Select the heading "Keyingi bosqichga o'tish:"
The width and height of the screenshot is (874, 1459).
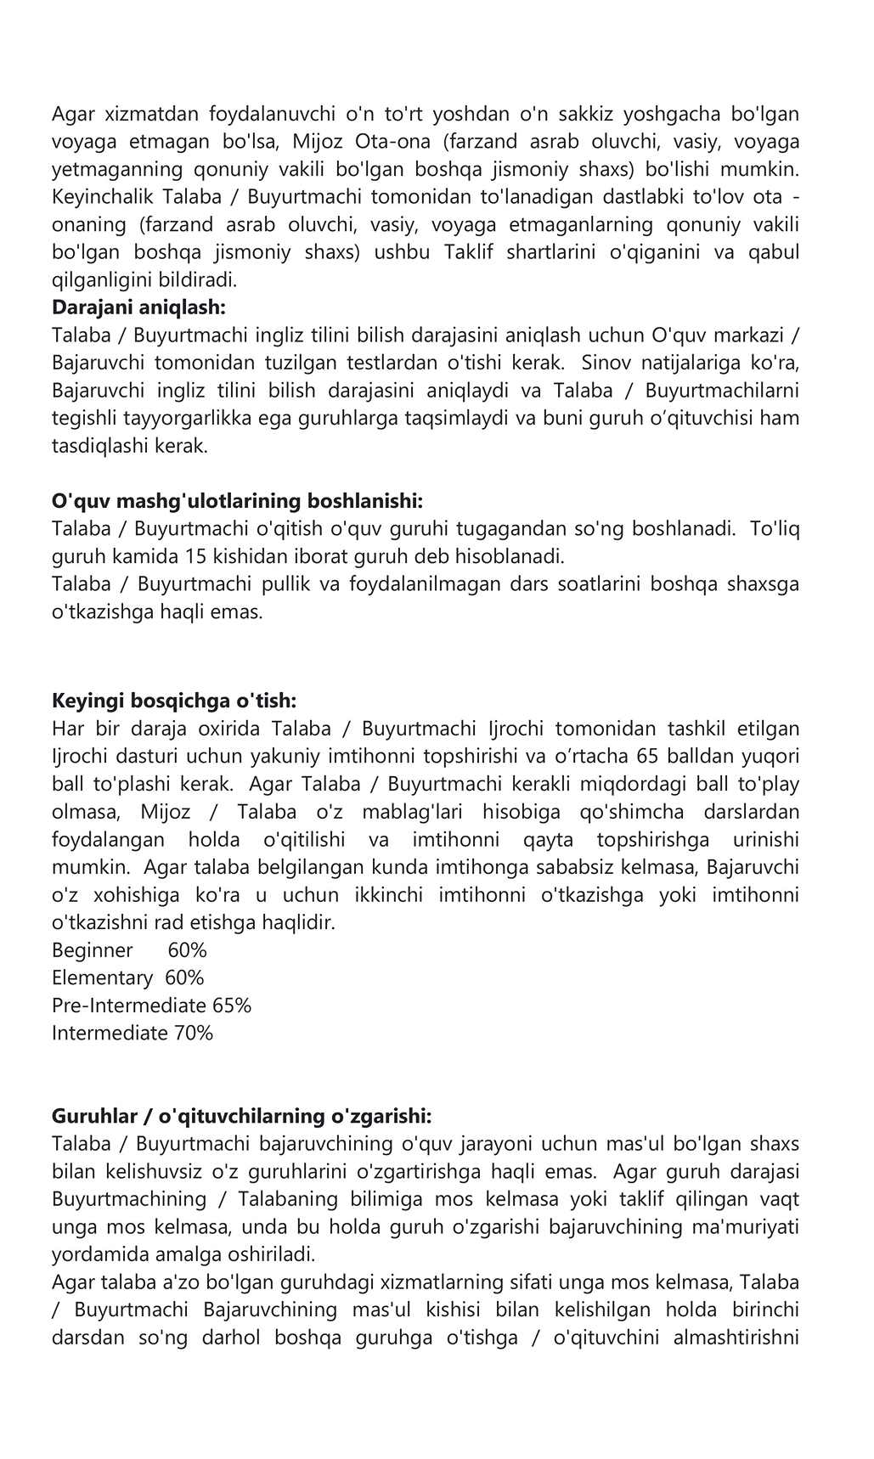coord(174,701)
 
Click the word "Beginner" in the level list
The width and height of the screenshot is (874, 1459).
coord(93,949)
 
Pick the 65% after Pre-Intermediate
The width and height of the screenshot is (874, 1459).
coord(232,1006)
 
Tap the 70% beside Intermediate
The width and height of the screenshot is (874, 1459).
coord(194,1033)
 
